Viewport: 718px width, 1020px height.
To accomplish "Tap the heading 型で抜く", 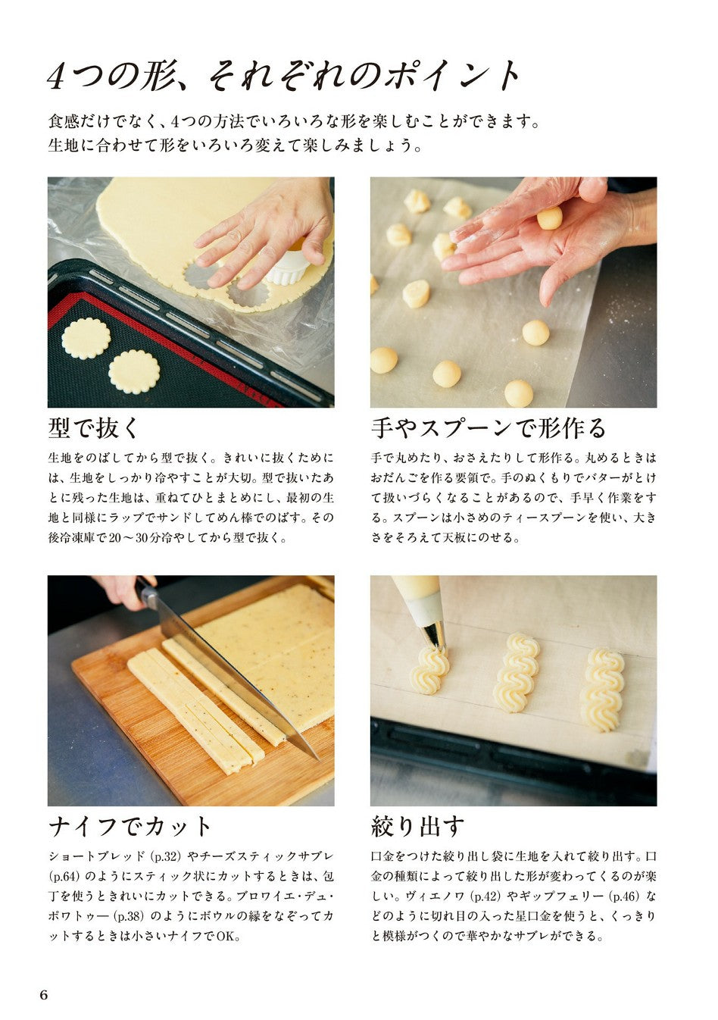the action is (93, 428).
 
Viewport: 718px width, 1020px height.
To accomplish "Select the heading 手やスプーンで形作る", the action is (489, 428).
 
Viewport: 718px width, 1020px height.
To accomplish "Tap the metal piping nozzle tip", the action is (435, 635).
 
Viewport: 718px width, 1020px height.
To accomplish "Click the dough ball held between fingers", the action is (550, 218).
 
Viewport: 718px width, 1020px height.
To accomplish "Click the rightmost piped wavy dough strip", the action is (602, 689).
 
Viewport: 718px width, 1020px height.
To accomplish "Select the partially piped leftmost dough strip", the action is (429, 669).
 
